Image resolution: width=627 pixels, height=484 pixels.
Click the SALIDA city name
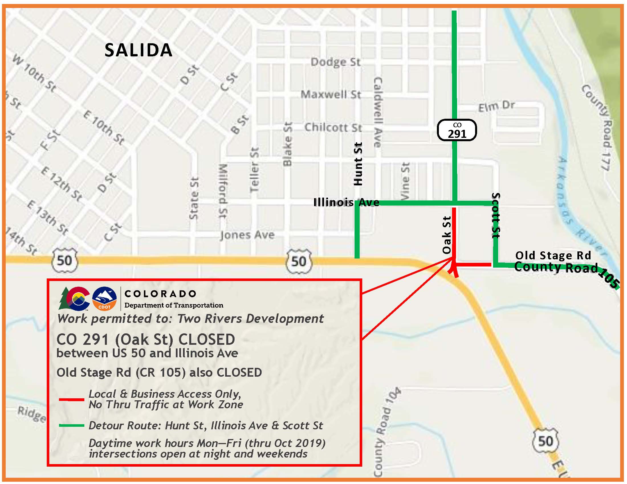click(139, 50)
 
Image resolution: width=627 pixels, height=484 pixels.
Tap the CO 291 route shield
click(457, 130)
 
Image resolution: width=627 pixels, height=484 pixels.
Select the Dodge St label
click(335, 62)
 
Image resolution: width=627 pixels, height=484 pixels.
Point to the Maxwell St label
click(330, 95)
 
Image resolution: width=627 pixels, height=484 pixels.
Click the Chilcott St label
click(333, 128)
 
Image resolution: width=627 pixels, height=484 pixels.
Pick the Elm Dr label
click(496, 106)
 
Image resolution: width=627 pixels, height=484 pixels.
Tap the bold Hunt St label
click(358, 164)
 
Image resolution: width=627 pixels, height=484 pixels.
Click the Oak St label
click(447, 235)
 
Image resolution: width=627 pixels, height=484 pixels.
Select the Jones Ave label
click(247, 235)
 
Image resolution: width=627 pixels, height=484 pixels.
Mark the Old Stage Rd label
click(553, 255)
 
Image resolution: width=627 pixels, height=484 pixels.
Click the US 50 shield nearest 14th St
click(64, 260)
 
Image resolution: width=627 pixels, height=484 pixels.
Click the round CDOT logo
click(105, 299)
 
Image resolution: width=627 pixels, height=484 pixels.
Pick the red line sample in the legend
click(72, 399)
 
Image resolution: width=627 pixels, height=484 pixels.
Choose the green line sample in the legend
click(72, 425)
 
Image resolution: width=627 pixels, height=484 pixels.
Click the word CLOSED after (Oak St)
click(206, 339)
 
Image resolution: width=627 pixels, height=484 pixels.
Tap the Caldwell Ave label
click(378, 112)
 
